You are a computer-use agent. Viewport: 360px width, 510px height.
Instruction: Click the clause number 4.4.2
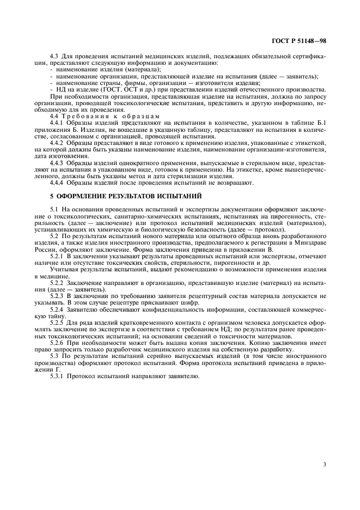(57, 141)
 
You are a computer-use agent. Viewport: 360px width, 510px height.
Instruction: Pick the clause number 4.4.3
(57, 162)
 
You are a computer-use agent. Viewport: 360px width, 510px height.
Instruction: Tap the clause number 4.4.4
(57, 183)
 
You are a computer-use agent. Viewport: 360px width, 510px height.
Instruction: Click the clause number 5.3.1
(57, 377)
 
